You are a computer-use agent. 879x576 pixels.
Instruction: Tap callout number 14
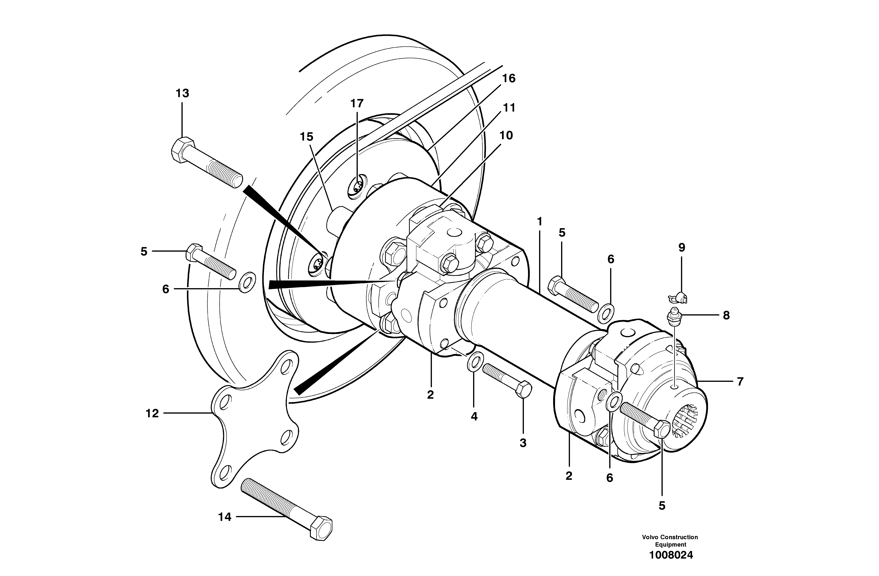(x=225, y=517)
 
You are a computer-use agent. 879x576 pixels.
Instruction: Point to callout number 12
(x=152, y=413)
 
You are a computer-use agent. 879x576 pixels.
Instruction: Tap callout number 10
(x=506, y=136)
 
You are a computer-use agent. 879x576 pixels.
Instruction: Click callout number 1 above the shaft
(x=540, y=222)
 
